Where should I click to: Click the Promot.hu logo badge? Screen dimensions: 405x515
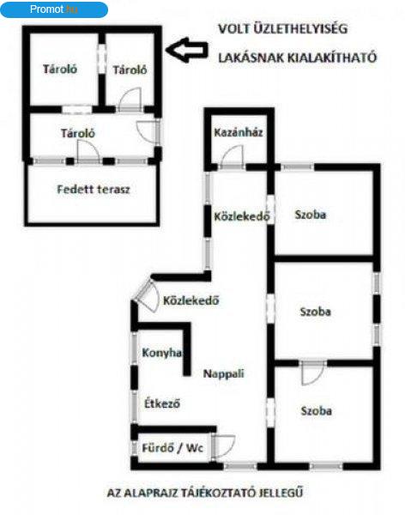tap(54, 9)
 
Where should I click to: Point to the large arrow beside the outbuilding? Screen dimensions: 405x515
tap(186, 51)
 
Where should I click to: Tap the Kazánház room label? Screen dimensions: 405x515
tap(239, 133)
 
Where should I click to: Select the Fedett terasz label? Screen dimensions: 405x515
tap(94, 190)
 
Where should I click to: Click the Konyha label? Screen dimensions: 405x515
tap(162, 353)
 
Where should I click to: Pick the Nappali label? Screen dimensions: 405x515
tap(224, 373)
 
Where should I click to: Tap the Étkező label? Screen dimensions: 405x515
tap(162, 403)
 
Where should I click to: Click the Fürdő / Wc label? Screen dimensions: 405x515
tap(172, 448)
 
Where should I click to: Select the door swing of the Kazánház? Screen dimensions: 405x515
tap(233, 156)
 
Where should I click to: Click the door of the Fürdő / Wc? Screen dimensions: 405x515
tap(223, 446)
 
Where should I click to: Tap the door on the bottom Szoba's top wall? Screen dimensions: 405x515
tap(312, 373)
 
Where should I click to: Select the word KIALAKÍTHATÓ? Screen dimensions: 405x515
tap(332, 58)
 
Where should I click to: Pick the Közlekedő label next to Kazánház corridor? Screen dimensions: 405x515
tap(242, 216)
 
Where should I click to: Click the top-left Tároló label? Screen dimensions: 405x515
tap(60, 69)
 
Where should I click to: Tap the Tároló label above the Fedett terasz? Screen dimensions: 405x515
tap(78, 133)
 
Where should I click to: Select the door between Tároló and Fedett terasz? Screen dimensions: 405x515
tap(88, 151)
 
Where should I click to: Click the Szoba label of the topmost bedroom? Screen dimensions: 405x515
tap(311, 215)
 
